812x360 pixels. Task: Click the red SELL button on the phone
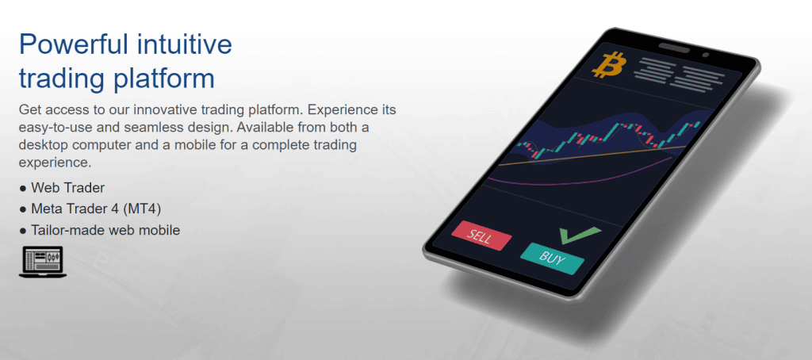481,236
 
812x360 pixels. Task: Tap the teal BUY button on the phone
552,258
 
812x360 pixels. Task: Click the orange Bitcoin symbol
609,65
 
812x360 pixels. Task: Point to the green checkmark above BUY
579,235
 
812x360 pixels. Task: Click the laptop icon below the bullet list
43,262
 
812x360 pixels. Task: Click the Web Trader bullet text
68,187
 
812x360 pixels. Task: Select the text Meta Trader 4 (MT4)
96,209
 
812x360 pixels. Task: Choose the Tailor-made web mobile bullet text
105,230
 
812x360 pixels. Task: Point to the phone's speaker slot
674,48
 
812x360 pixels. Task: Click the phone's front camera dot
705,55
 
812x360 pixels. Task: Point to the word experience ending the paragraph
55,162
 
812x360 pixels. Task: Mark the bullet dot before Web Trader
22,188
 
